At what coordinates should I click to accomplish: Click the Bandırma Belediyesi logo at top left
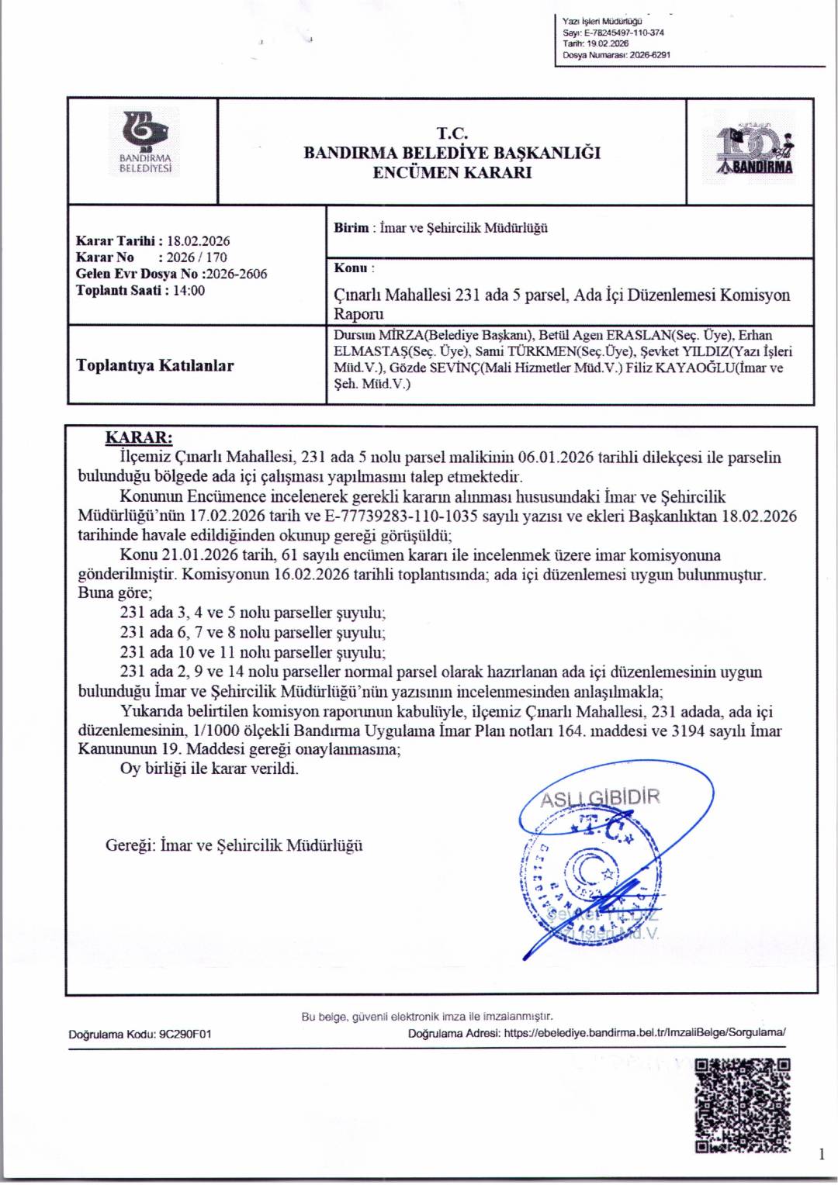tap(144, 143)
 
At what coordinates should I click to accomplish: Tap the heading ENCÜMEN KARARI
tap(452, 173)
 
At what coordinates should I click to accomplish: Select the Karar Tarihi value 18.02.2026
tap(198, 241)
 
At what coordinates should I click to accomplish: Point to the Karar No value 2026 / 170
tap(196, 257)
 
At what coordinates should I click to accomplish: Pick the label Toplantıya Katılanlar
tap(154, 365)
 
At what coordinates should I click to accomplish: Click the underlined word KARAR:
tap(139, 437)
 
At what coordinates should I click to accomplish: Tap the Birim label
tap(351, 228)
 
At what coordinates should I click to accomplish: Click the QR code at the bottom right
tap(742, 1104)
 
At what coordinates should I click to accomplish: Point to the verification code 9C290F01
tap(185, 1034)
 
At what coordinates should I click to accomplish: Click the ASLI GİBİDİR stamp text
tap(600, 798)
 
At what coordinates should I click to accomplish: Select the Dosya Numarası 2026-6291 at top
tap(649, 55)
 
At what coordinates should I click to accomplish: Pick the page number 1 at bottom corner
tap(821, 1155)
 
